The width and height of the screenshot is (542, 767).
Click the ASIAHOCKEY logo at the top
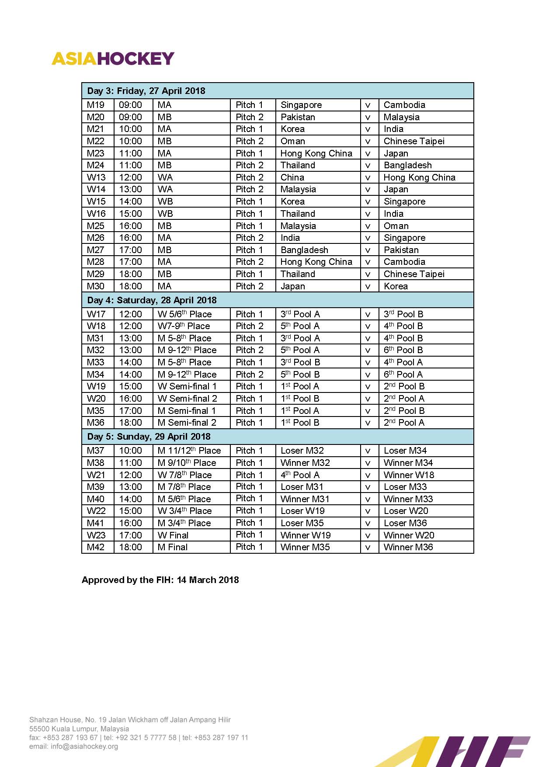click(113, 59)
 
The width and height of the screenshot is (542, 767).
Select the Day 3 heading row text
click(146, 91)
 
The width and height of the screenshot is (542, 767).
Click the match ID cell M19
click(96, 105)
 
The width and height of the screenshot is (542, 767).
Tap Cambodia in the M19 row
click(404, 105)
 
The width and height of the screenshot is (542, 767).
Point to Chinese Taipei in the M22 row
click(414, 141)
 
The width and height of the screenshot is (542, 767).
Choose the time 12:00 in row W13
click(130, 177)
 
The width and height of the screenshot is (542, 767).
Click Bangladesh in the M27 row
click(304, 250)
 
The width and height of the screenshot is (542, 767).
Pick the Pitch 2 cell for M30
click(249, 286)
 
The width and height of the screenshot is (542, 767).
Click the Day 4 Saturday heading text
click(152, 300)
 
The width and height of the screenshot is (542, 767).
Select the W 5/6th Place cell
click(184, 314)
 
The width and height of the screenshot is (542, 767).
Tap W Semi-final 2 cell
click(187, 399)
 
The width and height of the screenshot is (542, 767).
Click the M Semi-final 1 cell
click(187, 411)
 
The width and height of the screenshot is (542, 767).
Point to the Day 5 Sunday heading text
click(149, 437)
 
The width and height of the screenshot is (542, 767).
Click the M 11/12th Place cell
click(189, 451)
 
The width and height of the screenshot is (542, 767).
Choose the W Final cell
click(173, 535)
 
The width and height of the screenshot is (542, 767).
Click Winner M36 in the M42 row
click(408, 547)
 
